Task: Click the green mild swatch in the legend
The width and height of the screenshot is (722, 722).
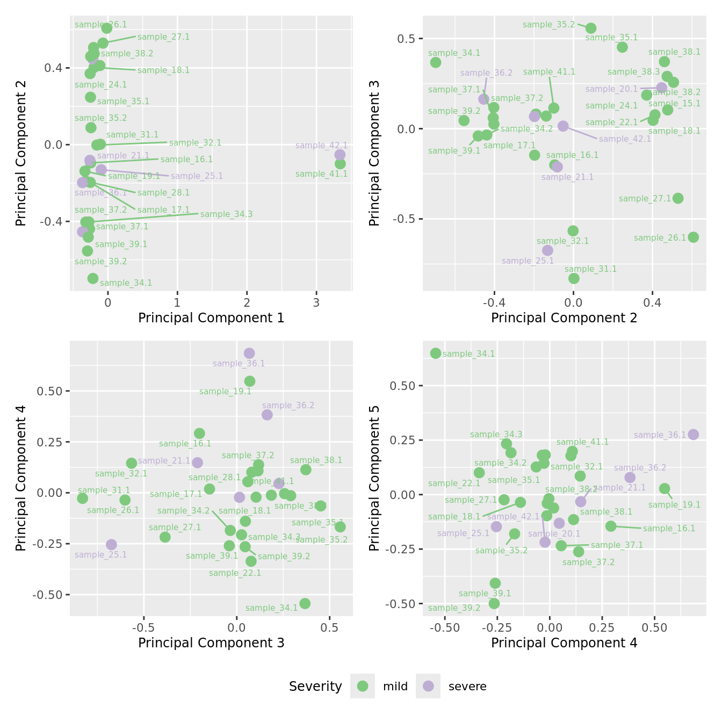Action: point(363,686)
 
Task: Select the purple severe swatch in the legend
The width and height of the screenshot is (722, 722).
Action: point(428,686)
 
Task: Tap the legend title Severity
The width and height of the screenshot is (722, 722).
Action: point(315,687)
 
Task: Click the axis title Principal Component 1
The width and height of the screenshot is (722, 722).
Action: point(211,318)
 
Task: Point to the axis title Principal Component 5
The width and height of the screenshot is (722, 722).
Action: point(374,478)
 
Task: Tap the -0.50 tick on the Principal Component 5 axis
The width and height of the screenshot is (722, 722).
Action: point(400,604)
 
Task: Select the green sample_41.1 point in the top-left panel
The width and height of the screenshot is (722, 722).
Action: point(340,164)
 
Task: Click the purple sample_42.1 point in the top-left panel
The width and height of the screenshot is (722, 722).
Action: point(340,155)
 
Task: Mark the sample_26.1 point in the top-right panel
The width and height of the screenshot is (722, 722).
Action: point(694,237)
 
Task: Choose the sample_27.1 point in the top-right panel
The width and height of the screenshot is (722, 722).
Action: point(678,198)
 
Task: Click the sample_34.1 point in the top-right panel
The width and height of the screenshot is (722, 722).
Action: point(436,62)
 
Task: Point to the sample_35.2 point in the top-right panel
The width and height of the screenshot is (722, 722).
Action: point(591,28)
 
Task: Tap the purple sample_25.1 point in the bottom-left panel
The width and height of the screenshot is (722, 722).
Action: point(111,545)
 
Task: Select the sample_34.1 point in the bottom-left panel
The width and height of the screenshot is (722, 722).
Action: point(305,604)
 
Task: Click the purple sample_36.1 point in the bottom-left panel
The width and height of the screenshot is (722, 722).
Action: point(249,353)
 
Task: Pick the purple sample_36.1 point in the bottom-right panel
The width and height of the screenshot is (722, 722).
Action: point(694,435)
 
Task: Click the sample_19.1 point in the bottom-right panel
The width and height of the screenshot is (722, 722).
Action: point(665,489)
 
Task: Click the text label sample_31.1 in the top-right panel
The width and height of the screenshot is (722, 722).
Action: point(590,269)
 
